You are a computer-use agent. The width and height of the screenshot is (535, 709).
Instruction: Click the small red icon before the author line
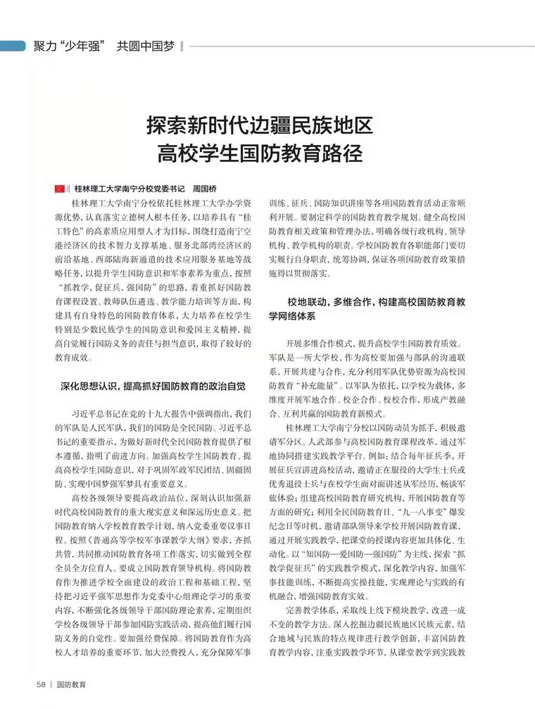(x=59, y=189)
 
